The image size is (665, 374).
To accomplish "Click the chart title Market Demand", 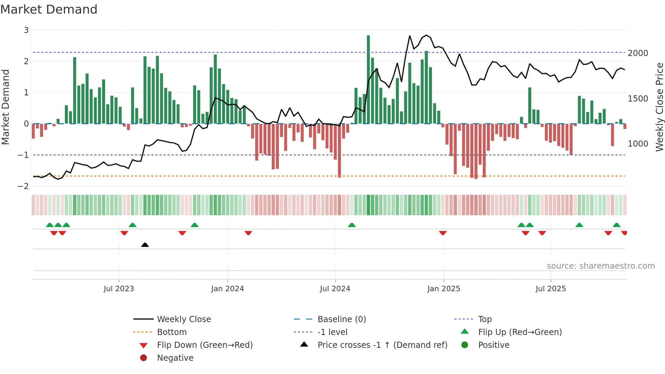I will click(49, 10).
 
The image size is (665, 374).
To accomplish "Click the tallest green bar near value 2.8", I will click(368, 78).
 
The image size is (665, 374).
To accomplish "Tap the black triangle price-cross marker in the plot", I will click(145, 245).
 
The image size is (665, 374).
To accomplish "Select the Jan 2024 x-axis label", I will click(227, 289).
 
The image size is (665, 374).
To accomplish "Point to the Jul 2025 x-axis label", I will click(551, 289).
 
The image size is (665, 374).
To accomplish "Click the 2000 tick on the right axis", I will click(638, 53).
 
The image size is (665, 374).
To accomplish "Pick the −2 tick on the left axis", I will click(23, 186).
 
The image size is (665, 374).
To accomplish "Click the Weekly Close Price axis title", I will click(659, 107).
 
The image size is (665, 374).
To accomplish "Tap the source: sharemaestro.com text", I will click(601, 266).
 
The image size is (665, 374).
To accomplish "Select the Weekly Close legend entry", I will click(184, 319).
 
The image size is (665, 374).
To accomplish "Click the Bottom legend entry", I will click(172, 332).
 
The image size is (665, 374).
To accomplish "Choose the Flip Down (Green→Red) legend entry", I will click(205, 345).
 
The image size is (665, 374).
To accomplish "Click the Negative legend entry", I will click(175, 358).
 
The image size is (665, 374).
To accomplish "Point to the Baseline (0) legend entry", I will click(341, 319).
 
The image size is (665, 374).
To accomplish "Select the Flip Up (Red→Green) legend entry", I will click(520, 332).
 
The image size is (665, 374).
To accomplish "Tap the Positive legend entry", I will click(494, 345).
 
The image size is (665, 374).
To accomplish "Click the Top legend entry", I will click(484, 319).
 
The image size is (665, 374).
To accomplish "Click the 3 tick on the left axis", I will click(26, 30).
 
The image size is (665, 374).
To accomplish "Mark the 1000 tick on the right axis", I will click(638, 144).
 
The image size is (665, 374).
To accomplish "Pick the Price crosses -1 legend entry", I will click(382, 345).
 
